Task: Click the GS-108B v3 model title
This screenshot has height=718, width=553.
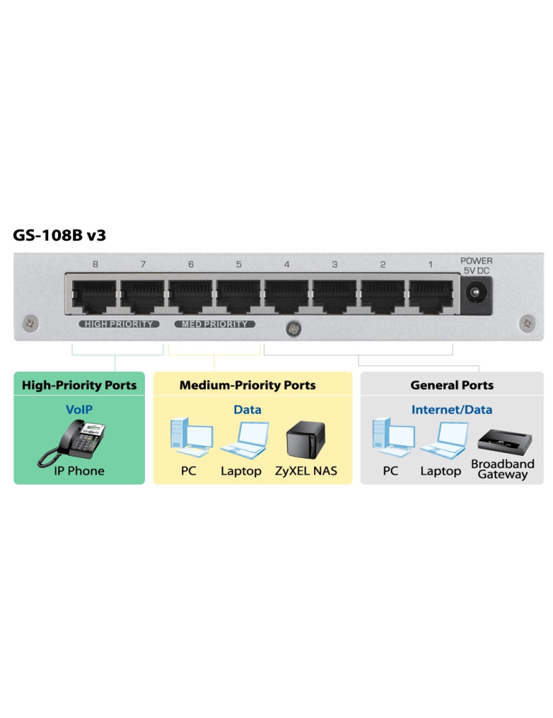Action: [60, 235]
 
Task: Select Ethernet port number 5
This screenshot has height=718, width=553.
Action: [239, 295]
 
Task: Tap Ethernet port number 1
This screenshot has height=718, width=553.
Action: [430, 295]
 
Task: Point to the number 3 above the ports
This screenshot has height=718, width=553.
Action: [335, 265]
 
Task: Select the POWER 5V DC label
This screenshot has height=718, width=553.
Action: [476, 266]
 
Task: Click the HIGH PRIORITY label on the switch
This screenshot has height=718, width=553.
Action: [119, 325]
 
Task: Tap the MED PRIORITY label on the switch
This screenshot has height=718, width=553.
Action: [214, 325]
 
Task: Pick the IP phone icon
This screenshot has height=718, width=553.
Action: [74, 441]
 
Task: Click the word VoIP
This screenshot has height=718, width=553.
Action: [79, 410]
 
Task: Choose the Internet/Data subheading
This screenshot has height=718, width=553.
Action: [452, 410]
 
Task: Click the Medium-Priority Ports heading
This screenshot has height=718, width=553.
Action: [247, 386]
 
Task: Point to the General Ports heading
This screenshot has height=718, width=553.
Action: [452, 386]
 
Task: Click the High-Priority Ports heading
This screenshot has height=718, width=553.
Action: [79, 386]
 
